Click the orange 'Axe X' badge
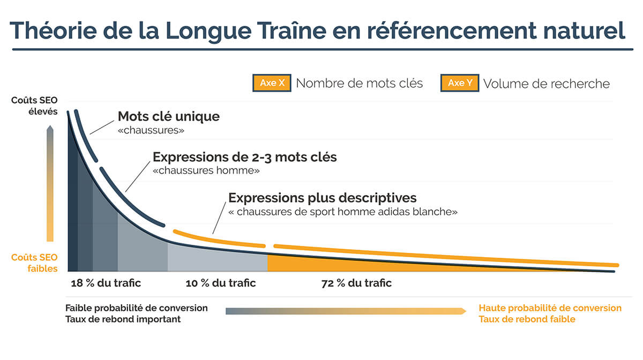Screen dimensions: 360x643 pos(272,84)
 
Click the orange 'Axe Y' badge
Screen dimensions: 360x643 pos(459,84)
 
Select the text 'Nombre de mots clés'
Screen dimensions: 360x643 pos(359,84)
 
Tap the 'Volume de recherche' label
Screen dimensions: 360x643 pos(546,84)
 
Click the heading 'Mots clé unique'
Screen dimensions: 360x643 pos(168,116)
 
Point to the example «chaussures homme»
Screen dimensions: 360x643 pos(206,171)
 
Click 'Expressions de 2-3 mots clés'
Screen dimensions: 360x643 pos(244,157)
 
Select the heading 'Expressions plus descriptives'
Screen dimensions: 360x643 pos(322,198)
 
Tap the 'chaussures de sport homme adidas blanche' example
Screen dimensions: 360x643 pos(343,212)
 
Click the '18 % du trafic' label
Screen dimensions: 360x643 pos(106,283)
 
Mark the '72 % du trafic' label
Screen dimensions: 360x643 pos(356,283)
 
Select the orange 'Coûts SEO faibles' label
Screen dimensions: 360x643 pos(34,262)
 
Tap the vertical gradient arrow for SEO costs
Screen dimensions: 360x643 pos(50,182)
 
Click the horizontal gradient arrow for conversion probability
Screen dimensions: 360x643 pos(346,311)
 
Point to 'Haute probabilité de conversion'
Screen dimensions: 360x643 pos(550,308)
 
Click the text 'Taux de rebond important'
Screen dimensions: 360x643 pos(123,319)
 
